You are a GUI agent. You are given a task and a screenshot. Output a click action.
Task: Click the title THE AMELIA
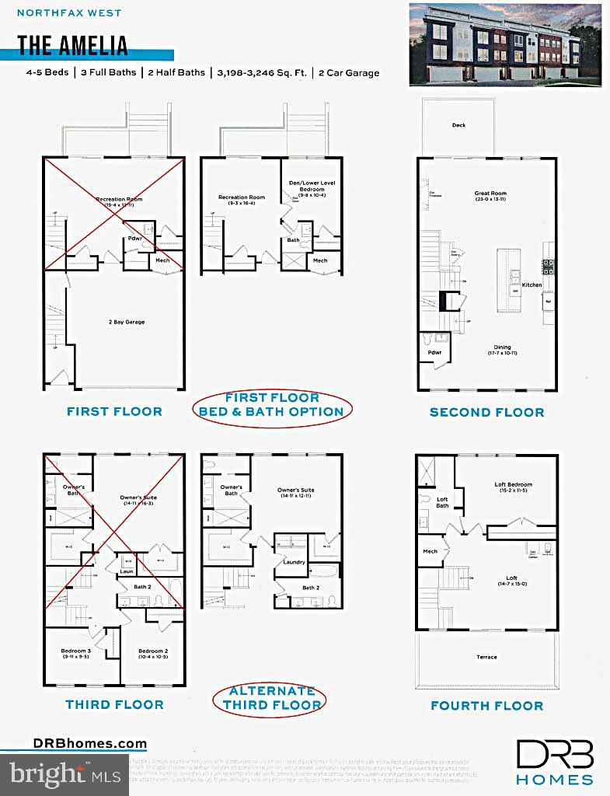[x=72, y=45]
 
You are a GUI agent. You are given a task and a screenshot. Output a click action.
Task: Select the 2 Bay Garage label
[x=126, y=321]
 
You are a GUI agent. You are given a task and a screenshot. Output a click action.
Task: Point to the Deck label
[x=458, y=125]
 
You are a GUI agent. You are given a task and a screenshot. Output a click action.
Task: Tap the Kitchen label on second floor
[x=532, y=285]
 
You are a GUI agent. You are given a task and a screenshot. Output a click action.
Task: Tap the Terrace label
[x=486, y=657]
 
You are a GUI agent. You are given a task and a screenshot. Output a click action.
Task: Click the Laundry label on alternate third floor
[x=294, y=561]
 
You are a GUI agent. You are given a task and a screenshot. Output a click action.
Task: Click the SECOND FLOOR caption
[x=486, y=412]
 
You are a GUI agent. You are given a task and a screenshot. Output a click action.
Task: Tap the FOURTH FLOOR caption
[x=486, y=706]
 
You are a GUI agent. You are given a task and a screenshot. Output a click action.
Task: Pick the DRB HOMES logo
[x=556, y=762]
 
